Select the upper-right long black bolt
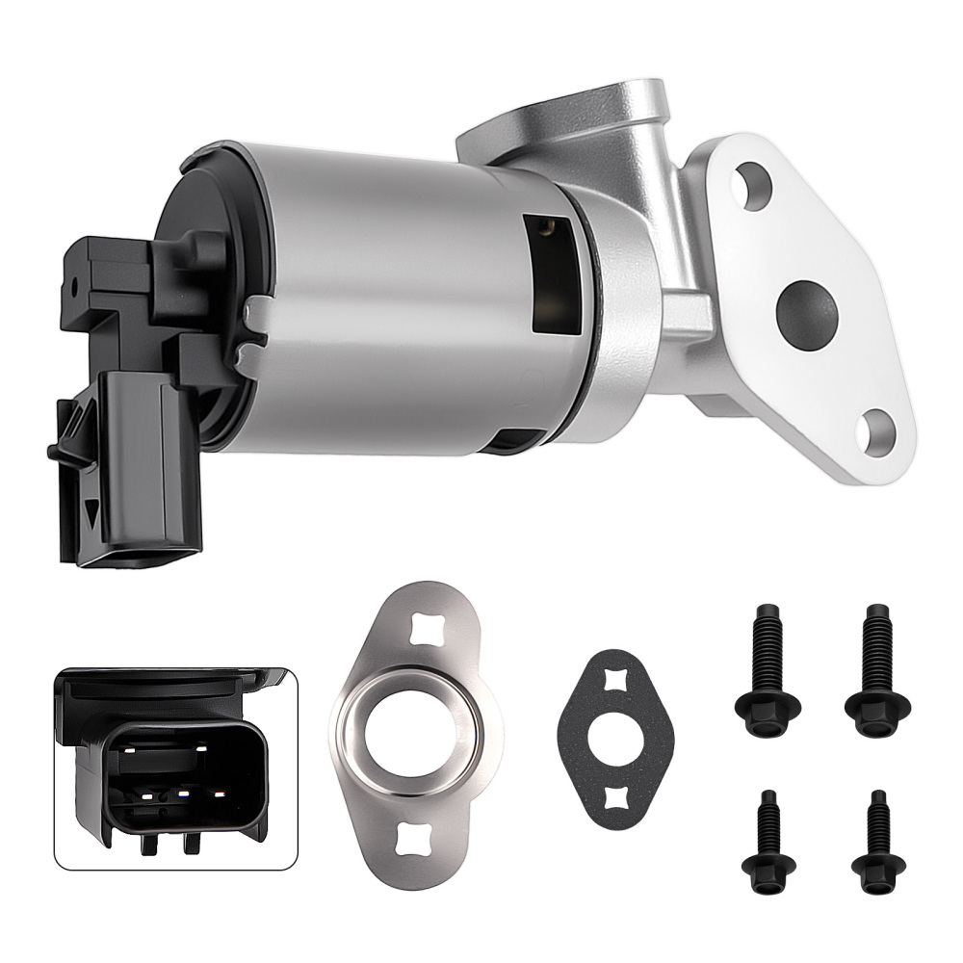point(875,669)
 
